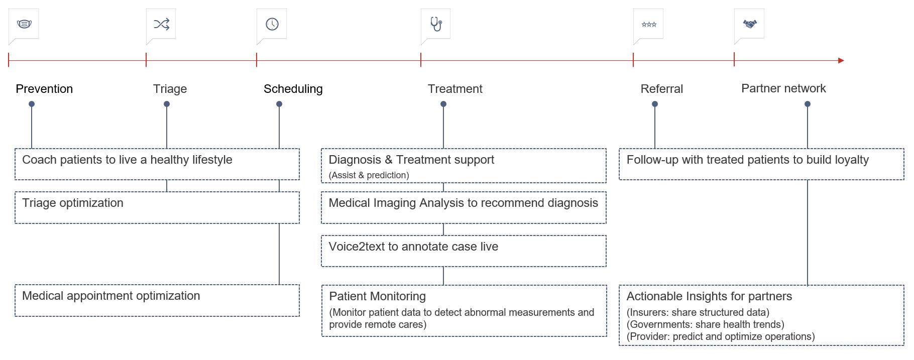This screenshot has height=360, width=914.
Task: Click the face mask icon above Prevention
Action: pyautogui.click(x=24, y=24)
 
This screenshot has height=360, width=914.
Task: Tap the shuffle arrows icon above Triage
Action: pyautogui.click(x=161, y=24)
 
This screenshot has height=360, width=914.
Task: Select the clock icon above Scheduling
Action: pyautogui.click(x=272, y=24)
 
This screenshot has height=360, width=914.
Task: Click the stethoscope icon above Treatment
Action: pyautogui.click(x=436, y=24)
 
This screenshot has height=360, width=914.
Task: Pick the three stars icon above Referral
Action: pyautogui.click(x=649, y=24)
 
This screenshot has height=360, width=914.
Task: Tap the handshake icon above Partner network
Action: pyautogui.click(x=750, y=24)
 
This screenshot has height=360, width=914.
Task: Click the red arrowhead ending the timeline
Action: pyautogui.click(x=841, y=60)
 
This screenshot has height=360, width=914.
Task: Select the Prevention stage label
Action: pyautogui.click(x=44, y=89)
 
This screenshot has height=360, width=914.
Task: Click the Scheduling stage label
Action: pyautogui.click(x=293, y=89)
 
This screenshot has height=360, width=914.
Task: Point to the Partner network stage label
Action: pyautogui.click(x=783, y=88)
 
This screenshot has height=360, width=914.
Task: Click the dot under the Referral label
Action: pyautogui.click(x=655, y=104)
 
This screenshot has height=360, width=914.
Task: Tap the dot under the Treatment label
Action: pyautogui.click(x=443, y=104)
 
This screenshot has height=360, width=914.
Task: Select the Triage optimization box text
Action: pyautogui.click(x=73, y=203)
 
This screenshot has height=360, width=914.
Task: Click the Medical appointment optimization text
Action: pyautogui.click(x=111, y=296)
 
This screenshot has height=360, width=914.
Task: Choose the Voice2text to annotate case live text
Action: pyautogui.click(x=413, y=247)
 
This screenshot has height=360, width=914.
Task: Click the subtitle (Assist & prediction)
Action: pyautogui.click(x=369, y=175)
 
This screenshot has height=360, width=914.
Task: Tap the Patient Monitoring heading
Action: pyautogui.click(x=377, y=296)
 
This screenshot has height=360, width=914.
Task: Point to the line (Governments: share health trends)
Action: pyautogui.click(x=705, y=324)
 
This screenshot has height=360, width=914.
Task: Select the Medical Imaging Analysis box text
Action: pyautogui.click(x=463, y=203)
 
